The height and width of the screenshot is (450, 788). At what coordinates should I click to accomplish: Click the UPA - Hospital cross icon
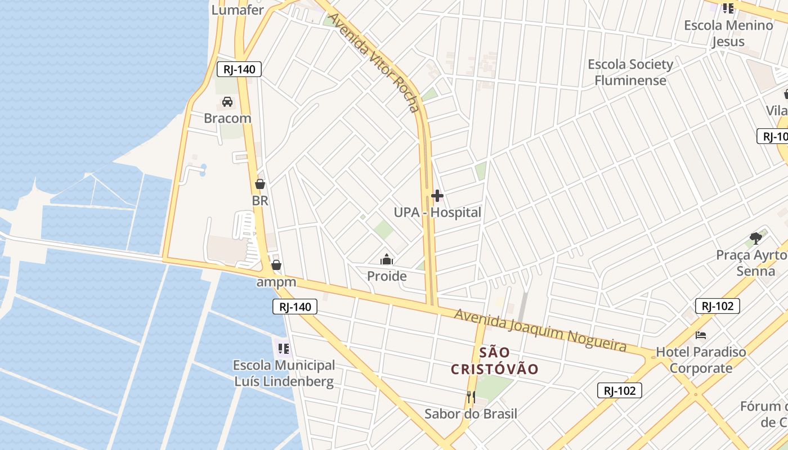pos(437,196)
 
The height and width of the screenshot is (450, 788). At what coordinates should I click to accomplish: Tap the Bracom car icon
pos(227,102)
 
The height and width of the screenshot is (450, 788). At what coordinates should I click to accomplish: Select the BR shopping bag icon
pos(260,184)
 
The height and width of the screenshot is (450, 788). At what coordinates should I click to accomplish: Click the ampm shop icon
pos(276,265)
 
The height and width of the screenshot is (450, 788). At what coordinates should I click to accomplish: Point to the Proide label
pos(387,276)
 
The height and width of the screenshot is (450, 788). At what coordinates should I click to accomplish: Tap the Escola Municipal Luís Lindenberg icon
pos(284,349)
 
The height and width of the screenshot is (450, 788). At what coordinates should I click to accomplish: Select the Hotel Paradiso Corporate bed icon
pos(701,335)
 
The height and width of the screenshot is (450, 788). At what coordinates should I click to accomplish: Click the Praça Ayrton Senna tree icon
pos(756,238)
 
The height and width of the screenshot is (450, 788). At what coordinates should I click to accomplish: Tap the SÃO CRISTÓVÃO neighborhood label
pos(495,361)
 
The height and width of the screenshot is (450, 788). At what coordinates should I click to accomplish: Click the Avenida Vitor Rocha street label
pos(374,62)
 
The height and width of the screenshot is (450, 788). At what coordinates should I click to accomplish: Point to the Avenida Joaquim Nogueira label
pos(540,329)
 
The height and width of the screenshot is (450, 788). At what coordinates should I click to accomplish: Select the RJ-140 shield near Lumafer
pos(239,70)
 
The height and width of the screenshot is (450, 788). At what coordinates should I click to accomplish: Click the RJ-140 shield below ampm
pos(295,307)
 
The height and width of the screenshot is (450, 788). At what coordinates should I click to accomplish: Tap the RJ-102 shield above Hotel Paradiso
pos(717,306)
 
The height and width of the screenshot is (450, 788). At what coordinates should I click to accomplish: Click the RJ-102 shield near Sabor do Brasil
pos(619,390)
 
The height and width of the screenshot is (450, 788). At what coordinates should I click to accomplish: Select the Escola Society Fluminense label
pos(630,72)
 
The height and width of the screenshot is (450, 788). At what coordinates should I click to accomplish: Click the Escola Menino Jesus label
pos(728,33)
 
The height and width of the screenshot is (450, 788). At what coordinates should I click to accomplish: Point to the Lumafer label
pos(238,10)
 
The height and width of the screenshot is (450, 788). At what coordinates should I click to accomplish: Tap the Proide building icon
pos(387,259)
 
